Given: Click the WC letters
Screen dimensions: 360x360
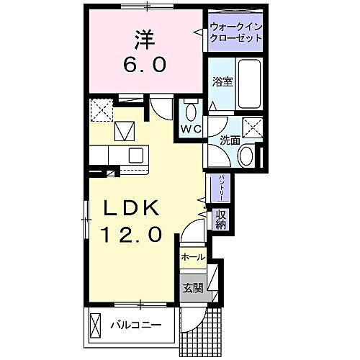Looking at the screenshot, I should pyautogui.click(x=191, y=130).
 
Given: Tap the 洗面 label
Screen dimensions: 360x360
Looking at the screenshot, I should pyautogui.click(x=230, y=140).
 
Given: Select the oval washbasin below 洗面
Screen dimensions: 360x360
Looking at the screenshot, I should pyautogui.click(x=246, y=154).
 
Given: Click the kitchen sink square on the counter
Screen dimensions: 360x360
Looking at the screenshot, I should pyautogui.click(x=135, y=155).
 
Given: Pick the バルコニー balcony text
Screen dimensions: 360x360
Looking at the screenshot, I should pyautogui.click(x=135, y=325).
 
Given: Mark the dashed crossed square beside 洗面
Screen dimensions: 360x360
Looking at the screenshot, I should pyautogui.click(x=253, y=127).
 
